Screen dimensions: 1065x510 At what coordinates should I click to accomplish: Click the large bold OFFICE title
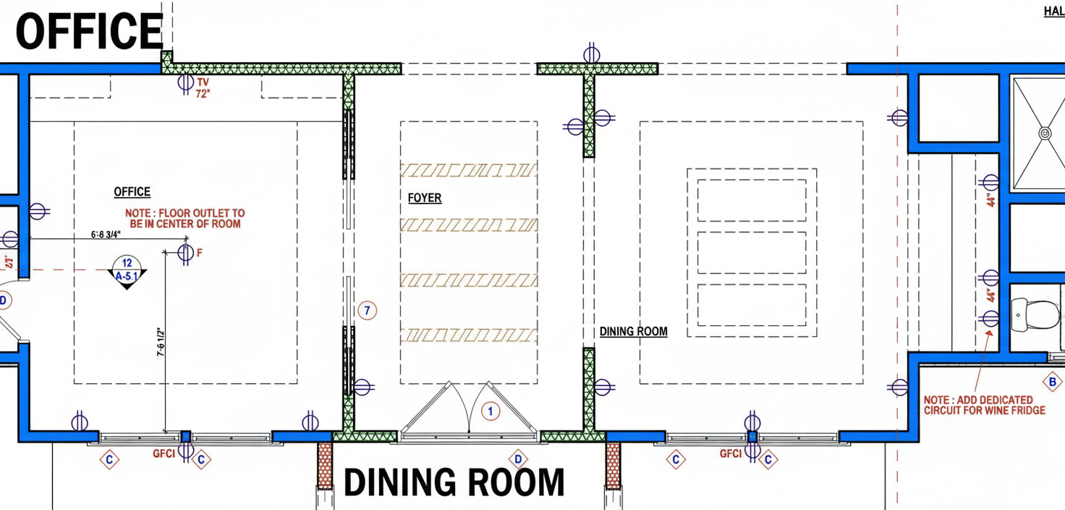coord(90,31)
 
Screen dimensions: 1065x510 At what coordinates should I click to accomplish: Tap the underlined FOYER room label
coord(425,198)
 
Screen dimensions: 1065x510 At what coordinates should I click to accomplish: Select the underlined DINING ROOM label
coord(633,332)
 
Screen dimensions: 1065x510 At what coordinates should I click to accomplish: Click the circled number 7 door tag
coord(367,311)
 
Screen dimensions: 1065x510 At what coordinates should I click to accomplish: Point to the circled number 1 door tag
coord(491,411)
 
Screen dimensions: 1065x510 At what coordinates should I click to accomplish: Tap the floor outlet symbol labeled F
coord(185,253)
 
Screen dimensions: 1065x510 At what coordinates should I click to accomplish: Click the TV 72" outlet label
coord(203,88)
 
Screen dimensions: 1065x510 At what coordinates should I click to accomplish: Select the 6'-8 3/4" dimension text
coord(106,234)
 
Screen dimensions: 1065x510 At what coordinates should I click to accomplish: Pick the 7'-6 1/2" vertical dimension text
coord(161,341)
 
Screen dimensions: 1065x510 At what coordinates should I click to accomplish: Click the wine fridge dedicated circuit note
coord(984,405)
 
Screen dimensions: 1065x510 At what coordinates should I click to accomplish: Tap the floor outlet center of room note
coord(185,219)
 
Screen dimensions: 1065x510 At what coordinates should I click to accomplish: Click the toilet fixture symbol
coord(1035,314)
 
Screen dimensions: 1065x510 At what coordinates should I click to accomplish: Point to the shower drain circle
coord(1045,133)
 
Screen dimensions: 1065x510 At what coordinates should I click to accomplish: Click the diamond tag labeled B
coord(1052,382)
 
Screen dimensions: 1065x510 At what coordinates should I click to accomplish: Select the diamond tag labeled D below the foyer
coord(518,459)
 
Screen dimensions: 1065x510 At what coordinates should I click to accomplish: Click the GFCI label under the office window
coord(164,453)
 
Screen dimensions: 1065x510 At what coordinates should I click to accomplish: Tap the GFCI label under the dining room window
coord(731,453)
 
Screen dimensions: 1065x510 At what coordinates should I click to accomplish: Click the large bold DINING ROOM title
coord(454,483)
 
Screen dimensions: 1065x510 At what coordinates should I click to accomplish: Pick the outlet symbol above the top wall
coord(591,54)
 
